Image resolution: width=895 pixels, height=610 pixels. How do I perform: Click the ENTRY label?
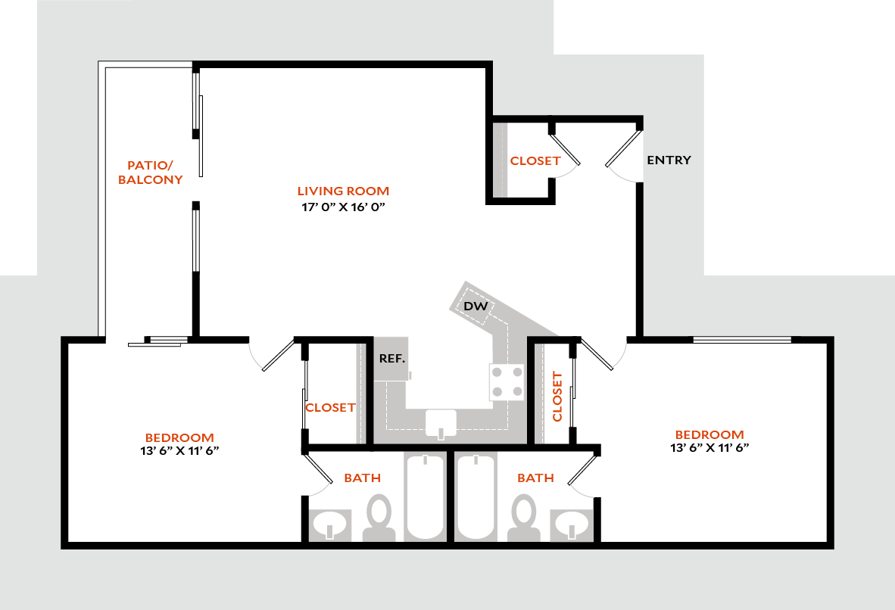click(668, 160)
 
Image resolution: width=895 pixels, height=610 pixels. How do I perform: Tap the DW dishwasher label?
click(475, 307)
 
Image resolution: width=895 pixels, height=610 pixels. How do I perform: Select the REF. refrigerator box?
click(391, 358)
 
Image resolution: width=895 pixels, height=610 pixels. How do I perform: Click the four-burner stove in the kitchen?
click(507, 381)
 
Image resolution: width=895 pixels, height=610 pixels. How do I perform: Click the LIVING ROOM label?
click(343, 191)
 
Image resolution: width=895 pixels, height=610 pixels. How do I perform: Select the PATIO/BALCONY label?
click(154, 173)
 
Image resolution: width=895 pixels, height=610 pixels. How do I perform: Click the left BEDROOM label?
click(179, 437)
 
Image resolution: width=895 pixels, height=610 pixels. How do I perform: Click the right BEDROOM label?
click(709, 434)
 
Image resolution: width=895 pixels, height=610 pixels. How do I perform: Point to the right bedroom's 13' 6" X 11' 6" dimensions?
click(709, 447)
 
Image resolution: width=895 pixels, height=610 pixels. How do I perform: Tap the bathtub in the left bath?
click(425, 496)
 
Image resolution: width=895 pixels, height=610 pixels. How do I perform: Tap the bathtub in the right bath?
click(476, 496)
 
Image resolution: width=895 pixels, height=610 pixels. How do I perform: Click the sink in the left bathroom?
click(330, 524)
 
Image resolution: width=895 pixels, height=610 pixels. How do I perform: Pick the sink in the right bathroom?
click(572, 524)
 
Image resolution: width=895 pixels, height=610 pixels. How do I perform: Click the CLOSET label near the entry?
click(535, 160)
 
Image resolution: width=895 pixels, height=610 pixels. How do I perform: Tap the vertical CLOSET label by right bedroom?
click(558, 397)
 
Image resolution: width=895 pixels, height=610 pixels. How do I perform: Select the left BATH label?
click(362, 478)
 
